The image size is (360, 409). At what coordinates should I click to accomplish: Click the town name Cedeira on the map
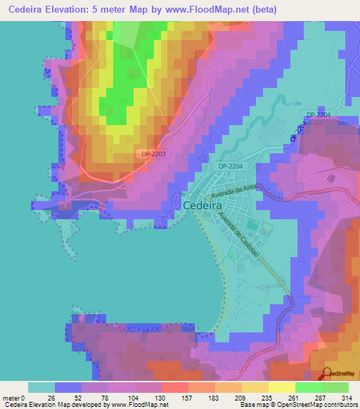pyautogui.click(x=203, y=205)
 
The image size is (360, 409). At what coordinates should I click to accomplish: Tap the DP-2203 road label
pyautogui.click(x=153, y=154)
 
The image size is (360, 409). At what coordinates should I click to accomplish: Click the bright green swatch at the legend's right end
pyautogui.click(x=335, y=387)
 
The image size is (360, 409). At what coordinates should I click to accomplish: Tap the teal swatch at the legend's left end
pyautogui.click(x=41, y=387)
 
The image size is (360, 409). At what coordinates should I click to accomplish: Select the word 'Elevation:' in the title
pyautogui.click(x=75, y=10)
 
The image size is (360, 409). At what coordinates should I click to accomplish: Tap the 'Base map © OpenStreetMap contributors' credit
pyautogui.click(x=297, y=405)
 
